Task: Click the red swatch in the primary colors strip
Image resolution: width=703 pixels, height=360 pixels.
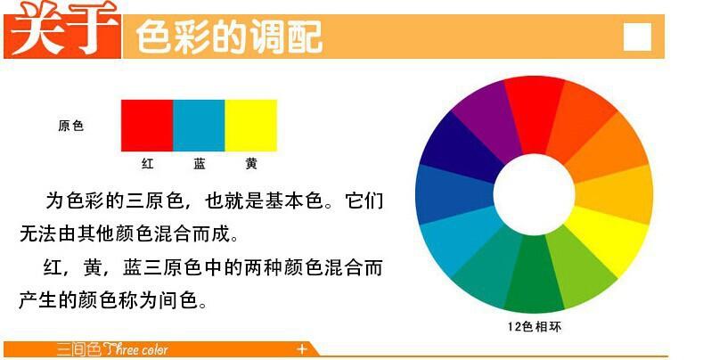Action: pos(146,125)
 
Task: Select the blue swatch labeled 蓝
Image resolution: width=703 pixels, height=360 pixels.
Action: pos(198,125)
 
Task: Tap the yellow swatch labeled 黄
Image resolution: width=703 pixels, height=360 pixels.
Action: pos(250,125)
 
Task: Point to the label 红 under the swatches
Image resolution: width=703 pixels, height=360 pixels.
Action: pos(148,164)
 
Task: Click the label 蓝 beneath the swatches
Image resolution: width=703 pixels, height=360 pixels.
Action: pos(199,164)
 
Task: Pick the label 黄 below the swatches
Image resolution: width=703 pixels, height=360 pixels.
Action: pos(251,164)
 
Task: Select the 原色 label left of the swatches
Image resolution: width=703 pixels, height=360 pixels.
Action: pos(71,127)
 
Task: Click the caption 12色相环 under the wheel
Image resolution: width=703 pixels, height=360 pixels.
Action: pos(535,326)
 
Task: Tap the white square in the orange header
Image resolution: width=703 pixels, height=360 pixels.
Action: pos(637,37)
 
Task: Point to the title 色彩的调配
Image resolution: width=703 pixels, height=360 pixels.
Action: pos(228,37)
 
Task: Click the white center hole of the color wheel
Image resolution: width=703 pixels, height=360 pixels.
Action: pos(535,193)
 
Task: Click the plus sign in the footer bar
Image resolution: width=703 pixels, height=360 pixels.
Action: pos(302,348)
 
